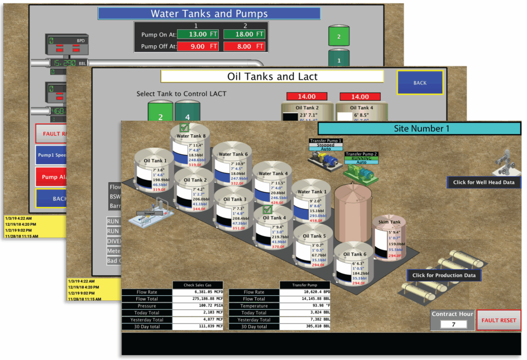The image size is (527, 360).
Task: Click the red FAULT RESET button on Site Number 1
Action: (x=498, y=320)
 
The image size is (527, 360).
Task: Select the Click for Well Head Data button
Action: (x=484, y=182)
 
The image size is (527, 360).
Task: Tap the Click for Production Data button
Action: (x=444, y=275)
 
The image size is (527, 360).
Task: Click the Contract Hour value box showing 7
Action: (x=453, y=324)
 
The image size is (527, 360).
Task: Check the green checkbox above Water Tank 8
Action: (x=184, y=128)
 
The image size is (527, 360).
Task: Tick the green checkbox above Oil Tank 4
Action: (x=267, y=210)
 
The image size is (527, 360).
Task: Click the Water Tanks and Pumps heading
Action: (x=209, y=13)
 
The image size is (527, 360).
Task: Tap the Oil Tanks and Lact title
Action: (x=272, y=77)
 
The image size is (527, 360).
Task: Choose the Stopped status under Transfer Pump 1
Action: (x=325, y=145)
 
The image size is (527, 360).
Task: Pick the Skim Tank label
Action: (x=389, y=222)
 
